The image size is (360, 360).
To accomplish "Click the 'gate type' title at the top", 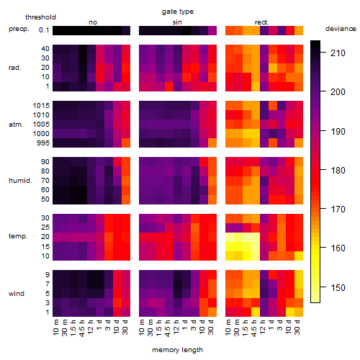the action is click(178, 12).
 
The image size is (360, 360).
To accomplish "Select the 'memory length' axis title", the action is click(177, 350).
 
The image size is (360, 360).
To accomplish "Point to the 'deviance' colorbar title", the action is click(341, 29).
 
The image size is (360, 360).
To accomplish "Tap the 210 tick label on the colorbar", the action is click(338, 53).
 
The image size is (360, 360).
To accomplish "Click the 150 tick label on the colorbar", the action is click(338, 287).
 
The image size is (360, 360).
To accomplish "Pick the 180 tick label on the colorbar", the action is click(338, 171).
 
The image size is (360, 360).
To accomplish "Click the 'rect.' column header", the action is click(261, 22).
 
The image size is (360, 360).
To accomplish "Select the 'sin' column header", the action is click(177, 22).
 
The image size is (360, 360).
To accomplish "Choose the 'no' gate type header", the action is click(93, 22).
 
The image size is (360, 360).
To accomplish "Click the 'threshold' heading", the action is click(40, 17).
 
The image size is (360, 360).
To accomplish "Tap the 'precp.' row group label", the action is click(19, 29).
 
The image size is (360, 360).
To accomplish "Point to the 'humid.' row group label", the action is click(20, 180).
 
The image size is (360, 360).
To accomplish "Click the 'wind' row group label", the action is click(17, 294).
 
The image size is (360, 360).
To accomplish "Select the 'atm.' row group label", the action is click(16, 125).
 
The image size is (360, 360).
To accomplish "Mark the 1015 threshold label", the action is click(41, 105).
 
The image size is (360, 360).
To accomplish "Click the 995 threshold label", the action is click(43, 143).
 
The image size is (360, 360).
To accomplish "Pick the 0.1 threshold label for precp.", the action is click(44, 30).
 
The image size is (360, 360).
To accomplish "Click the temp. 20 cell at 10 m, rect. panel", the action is click(230, 237).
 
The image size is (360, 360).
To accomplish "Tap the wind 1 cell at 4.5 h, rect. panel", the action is click(256, 312).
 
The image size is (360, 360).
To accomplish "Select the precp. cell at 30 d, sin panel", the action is click(212, 30).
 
